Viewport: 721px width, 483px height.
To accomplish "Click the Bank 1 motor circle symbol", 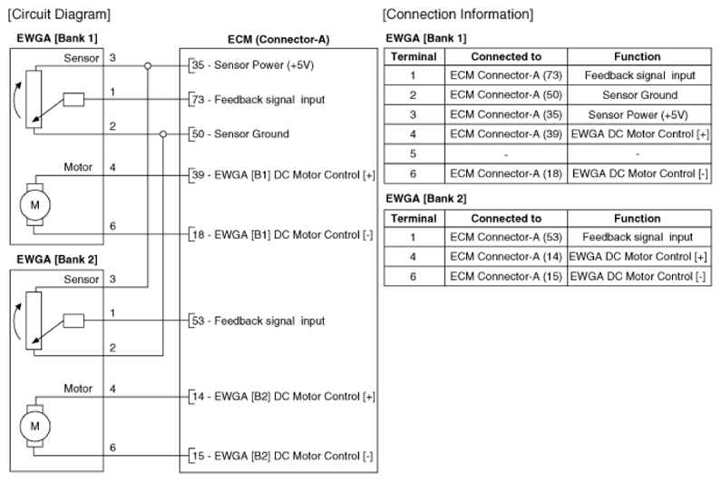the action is [x=35, y=205].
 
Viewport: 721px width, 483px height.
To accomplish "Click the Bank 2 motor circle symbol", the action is [x=35, y=426].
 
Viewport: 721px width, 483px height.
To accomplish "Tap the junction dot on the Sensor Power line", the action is [x=148, y=66].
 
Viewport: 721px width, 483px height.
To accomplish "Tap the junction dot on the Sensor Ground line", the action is [x=162, y=134].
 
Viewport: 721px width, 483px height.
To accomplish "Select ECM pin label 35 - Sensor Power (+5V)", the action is [x=253, y=65].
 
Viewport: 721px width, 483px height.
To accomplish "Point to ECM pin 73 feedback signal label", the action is [x=258, y=100].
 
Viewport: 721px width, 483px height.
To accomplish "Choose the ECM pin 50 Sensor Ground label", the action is [x=240, y=134].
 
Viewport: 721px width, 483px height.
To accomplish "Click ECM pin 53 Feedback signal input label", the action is [x=258, y=320].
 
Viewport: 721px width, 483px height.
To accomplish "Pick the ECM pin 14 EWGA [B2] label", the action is [x=283, y=397].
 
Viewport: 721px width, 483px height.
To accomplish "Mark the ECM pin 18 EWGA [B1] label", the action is [x=282, y=235].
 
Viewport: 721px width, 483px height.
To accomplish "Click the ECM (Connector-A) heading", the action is [x=278, y=40].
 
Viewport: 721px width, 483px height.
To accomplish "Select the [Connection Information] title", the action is [x=458, y=15].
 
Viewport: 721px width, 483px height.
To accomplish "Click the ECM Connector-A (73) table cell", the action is [x=506, y=75].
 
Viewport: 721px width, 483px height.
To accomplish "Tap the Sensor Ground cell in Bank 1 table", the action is [x=639, y=94].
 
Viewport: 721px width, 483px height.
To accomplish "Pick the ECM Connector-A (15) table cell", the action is [x=506, y=276].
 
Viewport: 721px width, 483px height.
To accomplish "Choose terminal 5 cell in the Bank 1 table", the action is [x=414, y=153].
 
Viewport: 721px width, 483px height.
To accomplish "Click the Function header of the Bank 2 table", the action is [x=638, y=218].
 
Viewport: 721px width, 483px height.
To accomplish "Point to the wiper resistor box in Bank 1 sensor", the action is [x=73, y=100].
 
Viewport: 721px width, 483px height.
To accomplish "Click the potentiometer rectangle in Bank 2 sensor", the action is [x=34, y=320].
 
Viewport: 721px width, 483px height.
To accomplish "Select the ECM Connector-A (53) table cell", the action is [x=506, y=237].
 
